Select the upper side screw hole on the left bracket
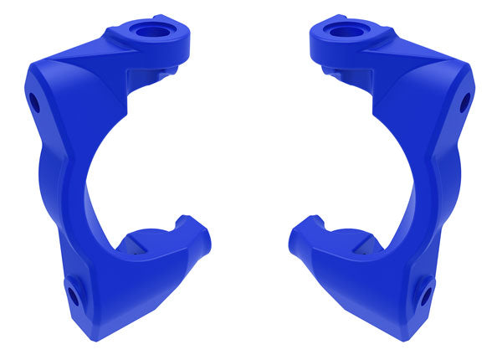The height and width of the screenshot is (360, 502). (35, 103)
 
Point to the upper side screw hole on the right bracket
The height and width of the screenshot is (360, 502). (466, 103)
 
